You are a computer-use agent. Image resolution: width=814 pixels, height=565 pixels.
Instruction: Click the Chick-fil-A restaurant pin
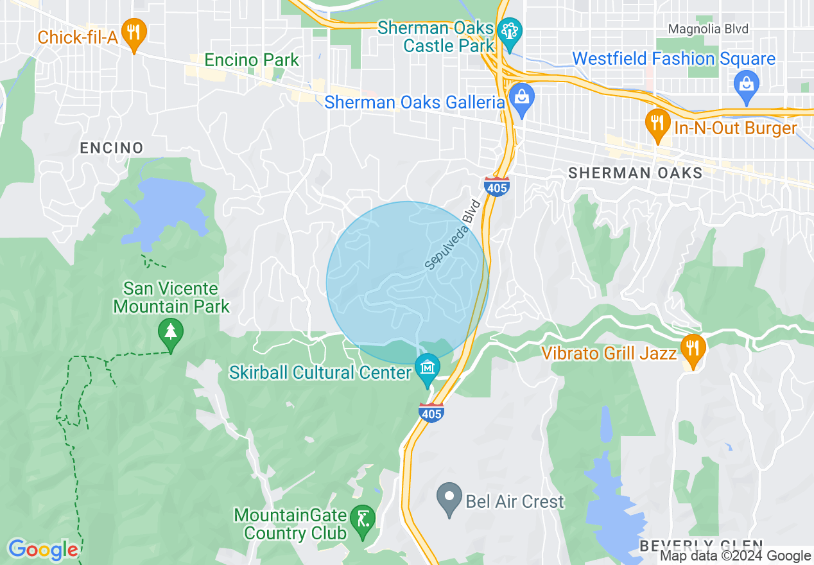(x=134, y=35)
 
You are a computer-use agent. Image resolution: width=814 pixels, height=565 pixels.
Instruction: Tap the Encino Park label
(x=252, y=60)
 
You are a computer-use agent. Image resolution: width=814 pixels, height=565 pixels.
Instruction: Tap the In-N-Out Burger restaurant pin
(x=656, y=124)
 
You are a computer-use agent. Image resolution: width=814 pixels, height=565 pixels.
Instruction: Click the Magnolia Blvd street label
(x=708, y=29)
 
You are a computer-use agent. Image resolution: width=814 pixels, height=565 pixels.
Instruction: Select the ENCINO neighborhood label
(x=112, y=148)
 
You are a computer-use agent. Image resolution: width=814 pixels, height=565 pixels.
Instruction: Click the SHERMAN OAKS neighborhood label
(x=636, y=173)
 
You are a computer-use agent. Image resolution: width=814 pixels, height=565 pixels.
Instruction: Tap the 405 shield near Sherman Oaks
(x=497, y=187)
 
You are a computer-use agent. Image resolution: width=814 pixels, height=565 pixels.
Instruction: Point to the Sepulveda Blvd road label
(x=453, y=235)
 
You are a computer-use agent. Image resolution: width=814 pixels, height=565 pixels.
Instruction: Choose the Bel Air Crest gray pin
(x=449, y=498)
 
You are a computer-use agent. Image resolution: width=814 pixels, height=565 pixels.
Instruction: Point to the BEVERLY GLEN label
(x=701, y=546)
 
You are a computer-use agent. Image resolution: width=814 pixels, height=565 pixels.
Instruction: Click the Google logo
(x=43, y=550)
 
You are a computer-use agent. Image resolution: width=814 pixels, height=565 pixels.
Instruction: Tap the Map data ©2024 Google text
(x=736, y=556)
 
